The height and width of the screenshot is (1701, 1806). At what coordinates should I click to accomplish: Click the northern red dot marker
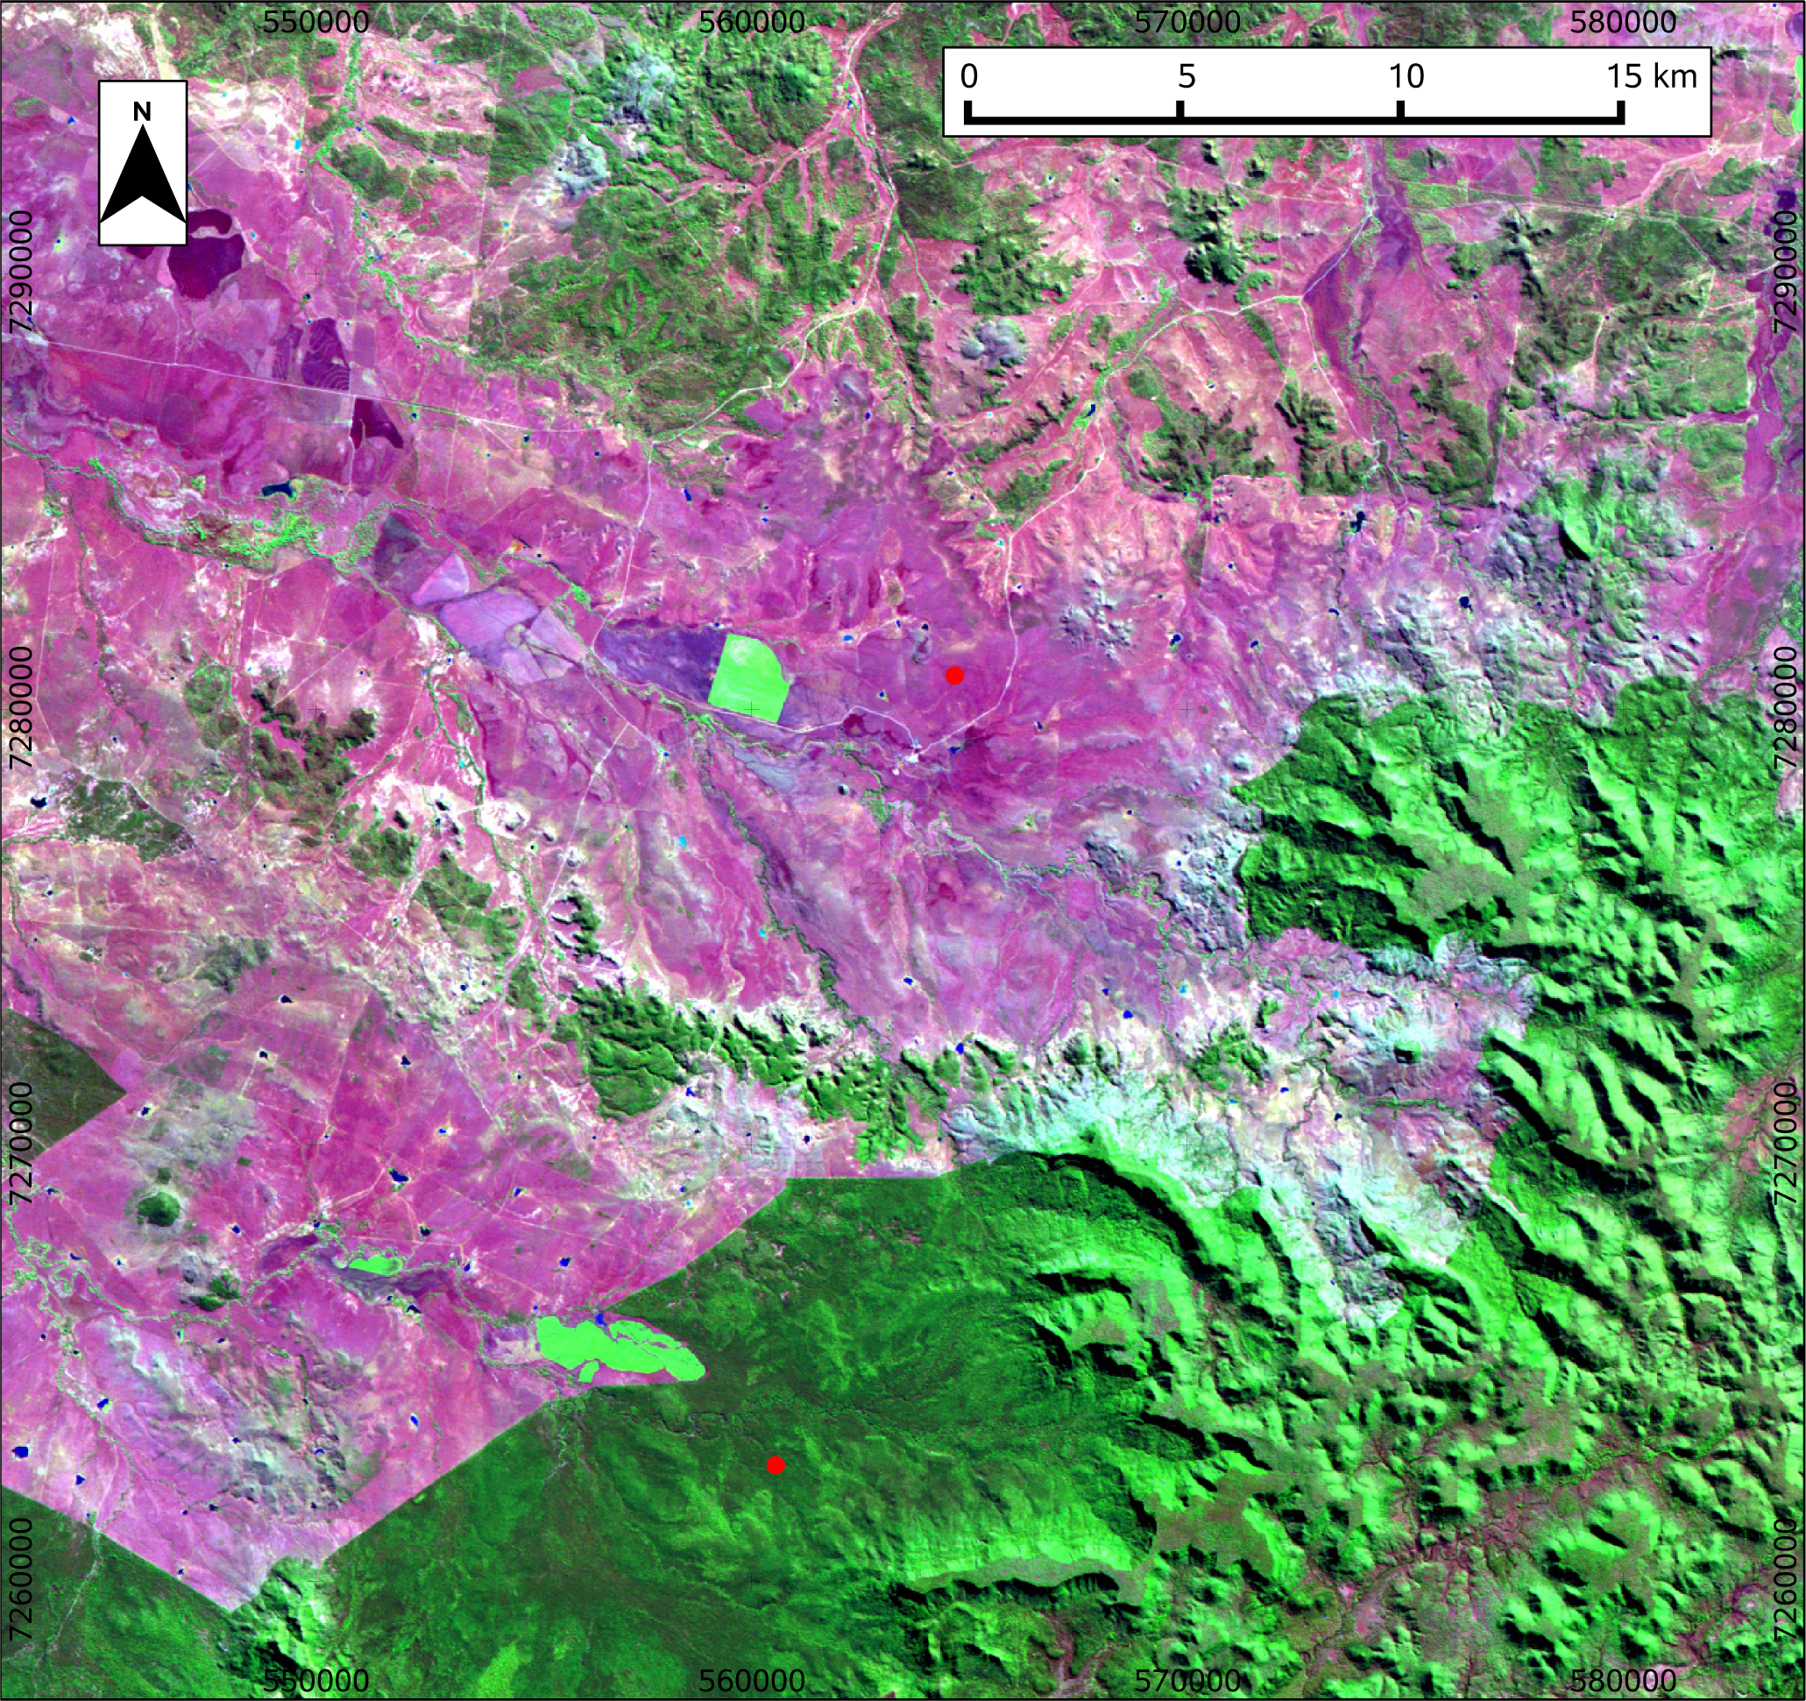pyautogui.click(x=954, y=675)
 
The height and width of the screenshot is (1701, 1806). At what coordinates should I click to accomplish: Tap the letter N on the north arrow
pyautogui.click(x=142, y=112)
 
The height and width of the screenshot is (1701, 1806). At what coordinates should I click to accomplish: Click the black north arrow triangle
pyautogui.click(x=143, y=177)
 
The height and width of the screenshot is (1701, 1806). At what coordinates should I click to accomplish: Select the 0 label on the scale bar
pyautogui.click(x=968, y=76)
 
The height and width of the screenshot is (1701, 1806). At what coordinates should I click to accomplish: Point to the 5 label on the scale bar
pyautogui.click(x=1186, y=76)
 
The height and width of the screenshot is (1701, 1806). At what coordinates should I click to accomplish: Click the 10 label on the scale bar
pyautogui.click(x=1406, y=76)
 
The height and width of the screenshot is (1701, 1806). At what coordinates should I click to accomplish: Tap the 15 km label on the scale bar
pyautogui.click(x=1651, y=76)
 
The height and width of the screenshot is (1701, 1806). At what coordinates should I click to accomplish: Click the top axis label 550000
pyautogui.click(x=316, y=22)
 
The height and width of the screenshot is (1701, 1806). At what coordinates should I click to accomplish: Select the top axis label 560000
pyautogui.click(x=752, y=22)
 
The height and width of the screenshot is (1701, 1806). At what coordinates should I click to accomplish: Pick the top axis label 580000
pyautogui.click(x=1624, y=22)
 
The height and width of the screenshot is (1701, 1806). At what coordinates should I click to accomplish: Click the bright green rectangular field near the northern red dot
pyautogui.click(x=748, y=677)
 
